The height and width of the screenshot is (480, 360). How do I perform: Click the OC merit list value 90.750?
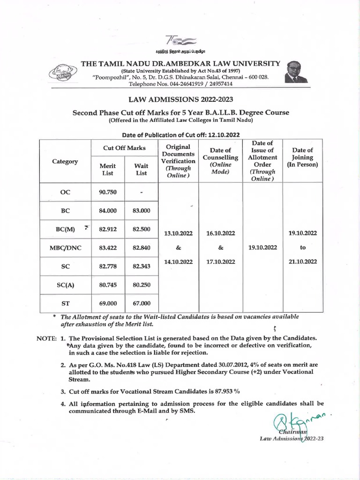[x=108, y=192]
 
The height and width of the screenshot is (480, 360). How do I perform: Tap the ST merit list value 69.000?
[x=108, y=303]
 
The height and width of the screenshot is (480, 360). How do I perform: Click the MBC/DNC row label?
[x=65, y=247]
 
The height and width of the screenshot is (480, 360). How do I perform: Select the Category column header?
[x=65, y=161]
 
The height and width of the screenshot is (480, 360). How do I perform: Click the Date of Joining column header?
[x=302, y=157]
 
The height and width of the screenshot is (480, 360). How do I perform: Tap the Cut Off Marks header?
[x=124, y=148]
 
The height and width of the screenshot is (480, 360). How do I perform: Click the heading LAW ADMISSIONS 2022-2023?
[x=180, y=99]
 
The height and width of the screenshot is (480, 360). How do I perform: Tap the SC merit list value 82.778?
[x=108, y=266]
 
